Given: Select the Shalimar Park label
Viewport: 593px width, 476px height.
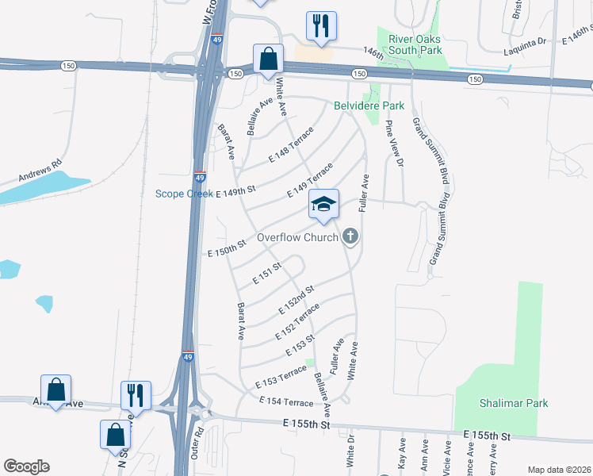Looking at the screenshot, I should click(514, 403).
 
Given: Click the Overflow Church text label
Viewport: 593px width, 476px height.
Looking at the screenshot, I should click(297, 237).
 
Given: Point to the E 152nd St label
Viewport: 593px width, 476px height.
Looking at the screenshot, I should click(297, 297).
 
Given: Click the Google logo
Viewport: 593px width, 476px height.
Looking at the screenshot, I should click(25, 466).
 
